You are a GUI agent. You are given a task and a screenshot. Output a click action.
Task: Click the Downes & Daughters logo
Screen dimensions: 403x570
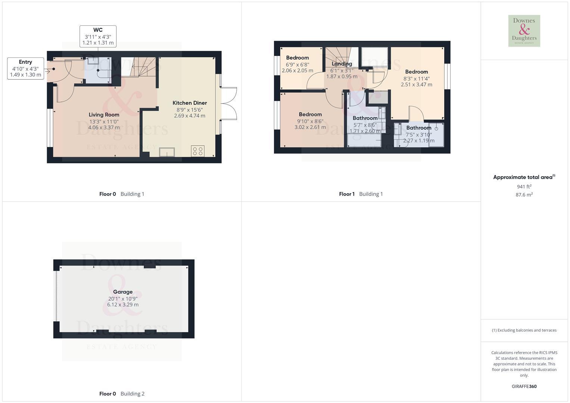point(524,31)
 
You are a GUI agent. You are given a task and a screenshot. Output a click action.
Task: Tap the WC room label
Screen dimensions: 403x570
point(98,30)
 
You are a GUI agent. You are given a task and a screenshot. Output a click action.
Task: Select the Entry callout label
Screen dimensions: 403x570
point(25,62)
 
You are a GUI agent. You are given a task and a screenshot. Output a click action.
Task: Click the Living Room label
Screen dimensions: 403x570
point(104,115)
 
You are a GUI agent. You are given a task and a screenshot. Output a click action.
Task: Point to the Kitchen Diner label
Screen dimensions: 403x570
point(190,103)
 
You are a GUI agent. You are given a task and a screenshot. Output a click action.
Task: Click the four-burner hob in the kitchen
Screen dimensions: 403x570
point(197,151)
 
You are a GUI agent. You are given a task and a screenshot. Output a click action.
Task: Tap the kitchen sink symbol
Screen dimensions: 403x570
point(166,152)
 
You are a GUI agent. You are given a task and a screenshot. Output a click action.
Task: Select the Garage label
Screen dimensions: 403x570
point(123,292)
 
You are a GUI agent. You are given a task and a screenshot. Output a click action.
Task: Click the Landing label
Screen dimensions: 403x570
point(342,64)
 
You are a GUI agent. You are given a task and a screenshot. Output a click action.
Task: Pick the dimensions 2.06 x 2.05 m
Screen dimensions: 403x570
point(298,71)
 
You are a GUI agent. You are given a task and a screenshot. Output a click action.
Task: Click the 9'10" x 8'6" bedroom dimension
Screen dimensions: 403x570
point(310,121)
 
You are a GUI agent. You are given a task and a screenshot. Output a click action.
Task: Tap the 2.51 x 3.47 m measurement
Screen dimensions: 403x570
point(417,85)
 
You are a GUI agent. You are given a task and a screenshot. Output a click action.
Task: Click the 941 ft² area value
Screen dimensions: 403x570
point(524,187)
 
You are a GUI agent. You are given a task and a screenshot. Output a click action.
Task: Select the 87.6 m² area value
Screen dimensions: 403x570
point(524,195)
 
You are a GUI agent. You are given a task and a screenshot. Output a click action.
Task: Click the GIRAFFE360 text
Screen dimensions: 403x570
point(524,387)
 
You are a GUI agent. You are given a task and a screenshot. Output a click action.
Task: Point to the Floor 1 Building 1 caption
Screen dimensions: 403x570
point(361,194)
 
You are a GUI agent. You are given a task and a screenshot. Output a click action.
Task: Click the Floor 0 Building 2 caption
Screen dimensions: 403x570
point(122,394)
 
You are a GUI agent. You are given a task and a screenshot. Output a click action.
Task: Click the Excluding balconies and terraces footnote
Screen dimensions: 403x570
point(524,330)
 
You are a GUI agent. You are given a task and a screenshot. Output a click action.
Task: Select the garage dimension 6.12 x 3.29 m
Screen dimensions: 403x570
point(123,305)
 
